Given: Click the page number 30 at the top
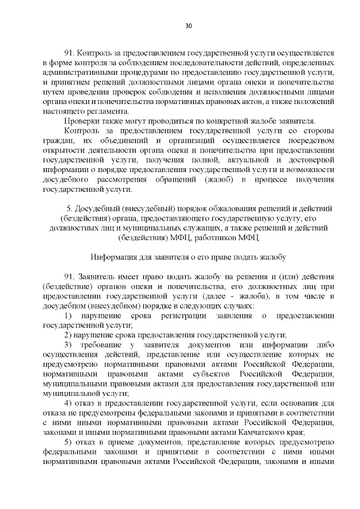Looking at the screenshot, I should coord(188,25).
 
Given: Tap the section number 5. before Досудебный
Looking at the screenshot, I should coord(70,209).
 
